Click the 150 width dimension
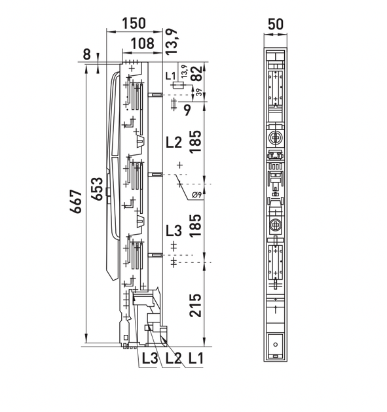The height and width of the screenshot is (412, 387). point(134,23)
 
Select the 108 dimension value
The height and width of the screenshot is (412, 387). point(142,43)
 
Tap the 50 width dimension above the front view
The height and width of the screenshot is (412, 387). point(276,24)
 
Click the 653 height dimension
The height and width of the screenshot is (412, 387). point(98,189)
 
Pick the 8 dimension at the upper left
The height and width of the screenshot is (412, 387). point(87,55)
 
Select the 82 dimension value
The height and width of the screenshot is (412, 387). point(197,73)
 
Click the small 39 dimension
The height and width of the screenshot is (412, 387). point(199,92)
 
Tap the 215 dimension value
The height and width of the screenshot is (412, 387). point(196,305)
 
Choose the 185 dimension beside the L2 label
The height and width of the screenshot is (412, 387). point(196,141)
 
